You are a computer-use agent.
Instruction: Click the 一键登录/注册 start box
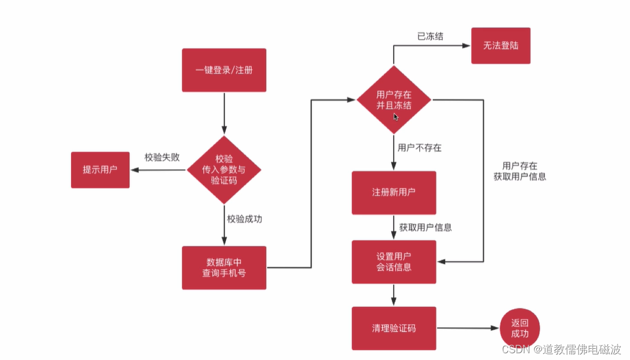pyautogui.click(x=224, y=70)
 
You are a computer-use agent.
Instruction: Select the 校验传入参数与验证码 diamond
pyautogui.click(x=224, y=169)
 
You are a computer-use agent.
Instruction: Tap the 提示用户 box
pyautogui.click(x=100, y=169)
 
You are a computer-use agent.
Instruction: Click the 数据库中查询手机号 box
pyautogui.click(x=224, y=267)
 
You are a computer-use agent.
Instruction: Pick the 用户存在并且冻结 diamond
pyautogui.click(x=393, y=100)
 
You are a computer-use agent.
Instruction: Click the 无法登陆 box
pyautogui.click(x=501, y=46)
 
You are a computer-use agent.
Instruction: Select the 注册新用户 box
pyautogui.click(x=393, y=192)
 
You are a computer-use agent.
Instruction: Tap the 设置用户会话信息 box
pyautogui.click(x=393, y=262)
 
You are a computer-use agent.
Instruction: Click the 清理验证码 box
pyautogui.click(x=393, y=328)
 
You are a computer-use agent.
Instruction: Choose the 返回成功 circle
pyautogui.click(x=519, y=328)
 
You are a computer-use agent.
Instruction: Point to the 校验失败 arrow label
pyautogui.click(x=162, y=157)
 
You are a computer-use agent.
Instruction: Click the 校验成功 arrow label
pyautogui.click(x=244, y=219)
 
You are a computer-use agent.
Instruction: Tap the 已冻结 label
pyautogui.click(x=430, y=36)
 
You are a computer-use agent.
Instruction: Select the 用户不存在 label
pyautogui.click(x=419, y=148)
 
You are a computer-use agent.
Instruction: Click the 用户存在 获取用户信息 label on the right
pyautogui.click(x=519, y=171)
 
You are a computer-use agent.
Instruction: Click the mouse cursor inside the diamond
pyautogui.click(x=396, y=116)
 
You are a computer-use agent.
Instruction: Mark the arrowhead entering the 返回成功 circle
pyautogui.click(x=496, y=328)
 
